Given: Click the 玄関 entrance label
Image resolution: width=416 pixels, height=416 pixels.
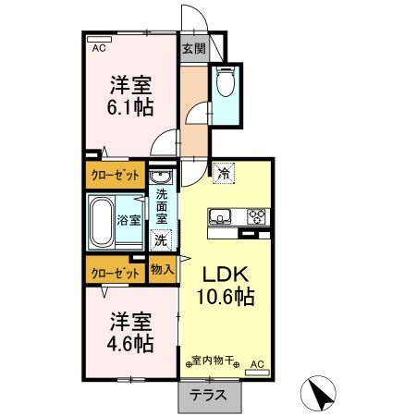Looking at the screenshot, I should [192, 50].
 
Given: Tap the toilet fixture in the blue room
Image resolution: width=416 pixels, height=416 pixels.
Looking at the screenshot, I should [225, 84].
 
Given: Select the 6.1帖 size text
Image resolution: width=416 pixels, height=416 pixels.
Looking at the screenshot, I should [129, 107].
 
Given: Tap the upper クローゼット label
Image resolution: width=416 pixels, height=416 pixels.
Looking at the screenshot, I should [116, 175].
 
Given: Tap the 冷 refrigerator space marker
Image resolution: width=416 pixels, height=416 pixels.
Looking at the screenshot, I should [224, 172].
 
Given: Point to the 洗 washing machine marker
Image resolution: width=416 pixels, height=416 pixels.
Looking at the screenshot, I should [162, 240].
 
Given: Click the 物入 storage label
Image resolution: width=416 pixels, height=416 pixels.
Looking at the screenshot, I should [162, 270].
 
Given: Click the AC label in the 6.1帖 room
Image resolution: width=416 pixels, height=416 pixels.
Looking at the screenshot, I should [98, 45].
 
